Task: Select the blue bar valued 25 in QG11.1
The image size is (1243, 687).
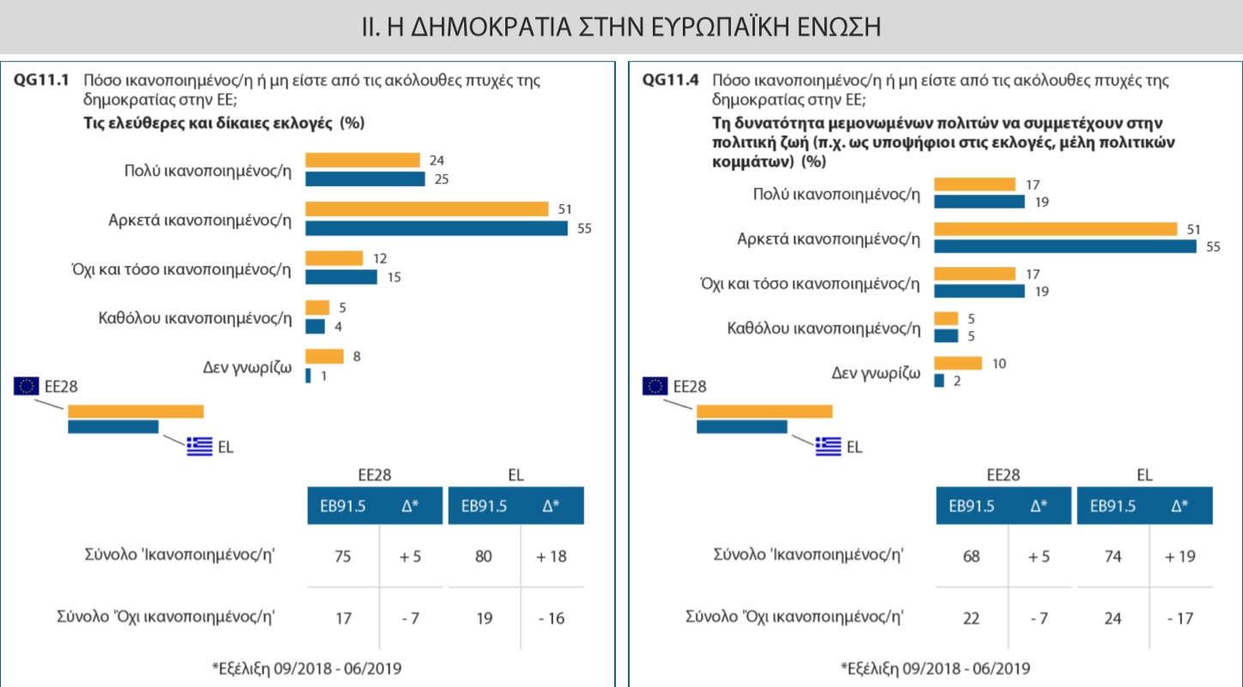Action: click(365, 179)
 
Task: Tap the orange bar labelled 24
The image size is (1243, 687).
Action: click(362, 160)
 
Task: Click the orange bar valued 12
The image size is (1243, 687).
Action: click(334, 258)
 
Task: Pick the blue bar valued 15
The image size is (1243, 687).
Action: click(341, 277)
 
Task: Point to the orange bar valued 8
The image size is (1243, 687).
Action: click(324, 356)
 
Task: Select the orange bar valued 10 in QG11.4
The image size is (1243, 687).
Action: click(957, 363)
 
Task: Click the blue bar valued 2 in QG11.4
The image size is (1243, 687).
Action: click(938, 380)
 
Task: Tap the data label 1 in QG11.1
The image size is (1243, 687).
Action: click(324, 376)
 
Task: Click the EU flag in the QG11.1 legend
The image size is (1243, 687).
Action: click(26, 386)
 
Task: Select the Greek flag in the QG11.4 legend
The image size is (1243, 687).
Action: click(828, 445)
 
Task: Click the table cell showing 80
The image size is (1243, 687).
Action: click(483, 556)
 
